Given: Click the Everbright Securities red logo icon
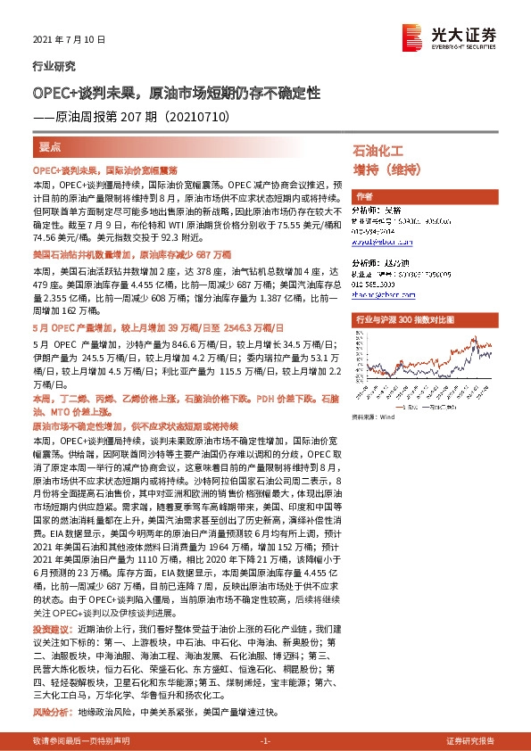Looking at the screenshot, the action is pyautogui.click(x=413, y=35).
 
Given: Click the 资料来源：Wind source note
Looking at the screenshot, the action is pyautogui.click(x=373, y=417).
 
